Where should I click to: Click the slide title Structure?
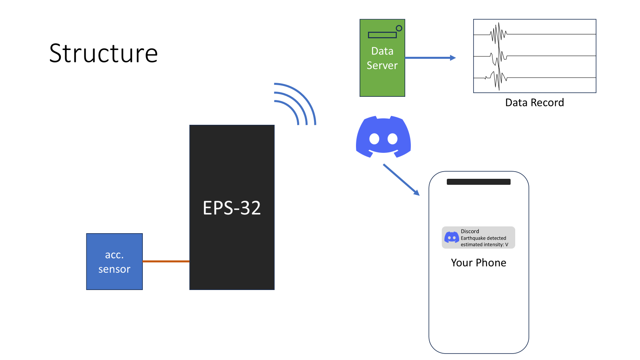(x=104, y=53)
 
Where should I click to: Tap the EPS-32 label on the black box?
(x=232, y=208)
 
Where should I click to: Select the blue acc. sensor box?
(x=114, y=262)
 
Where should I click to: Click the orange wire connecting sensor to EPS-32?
(x=166, y=261)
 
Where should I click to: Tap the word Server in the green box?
(x=382, y=66)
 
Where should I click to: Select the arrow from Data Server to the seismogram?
(x=430, y=58)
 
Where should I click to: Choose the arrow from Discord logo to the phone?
(x=401, y=180)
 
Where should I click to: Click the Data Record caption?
(x=534, y=103)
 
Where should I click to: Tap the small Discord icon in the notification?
(x=452, y=238)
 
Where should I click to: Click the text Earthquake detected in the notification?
(x=483, y=238)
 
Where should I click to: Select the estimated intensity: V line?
(x=484, y=244)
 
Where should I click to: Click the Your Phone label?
(x=478, y=263)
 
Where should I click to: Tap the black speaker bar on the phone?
(x=478, y=182)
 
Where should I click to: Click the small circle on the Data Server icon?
(x=399, y=28)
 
